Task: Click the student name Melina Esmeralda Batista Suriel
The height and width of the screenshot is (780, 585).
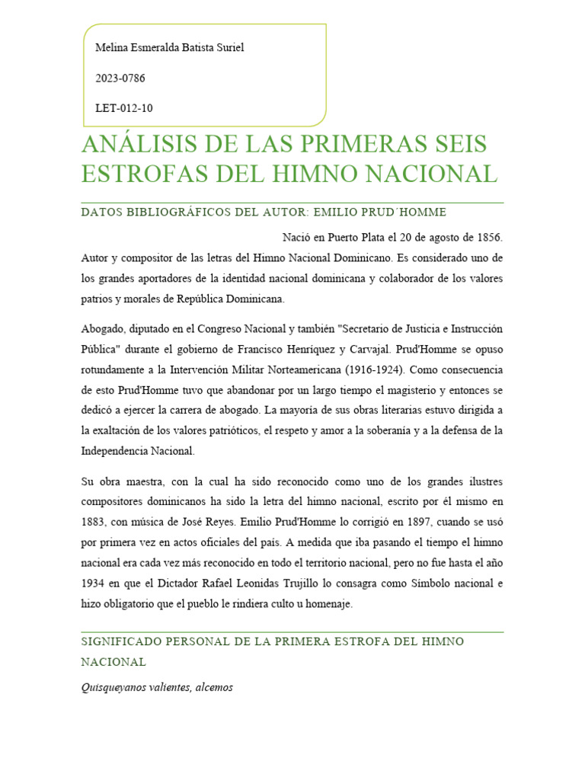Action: [x=169, y=48]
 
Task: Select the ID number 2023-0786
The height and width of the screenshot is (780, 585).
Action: [x=120, y=78]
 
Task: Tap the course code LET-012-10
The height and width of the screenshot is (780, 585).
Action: [x=124, y=108]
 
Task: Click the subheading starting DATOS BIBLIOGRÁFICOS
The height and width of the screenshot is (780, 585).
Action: [x=264, y=212]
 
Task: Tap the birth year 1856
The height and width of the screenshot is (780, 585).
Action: [x=490, y=238]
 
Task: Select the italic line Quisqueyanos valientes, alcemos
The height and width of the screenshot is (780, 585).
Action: [x=157, y=687]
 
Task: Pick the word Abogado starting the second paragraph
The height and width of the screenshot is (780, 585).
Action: [x=103, y=328]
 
